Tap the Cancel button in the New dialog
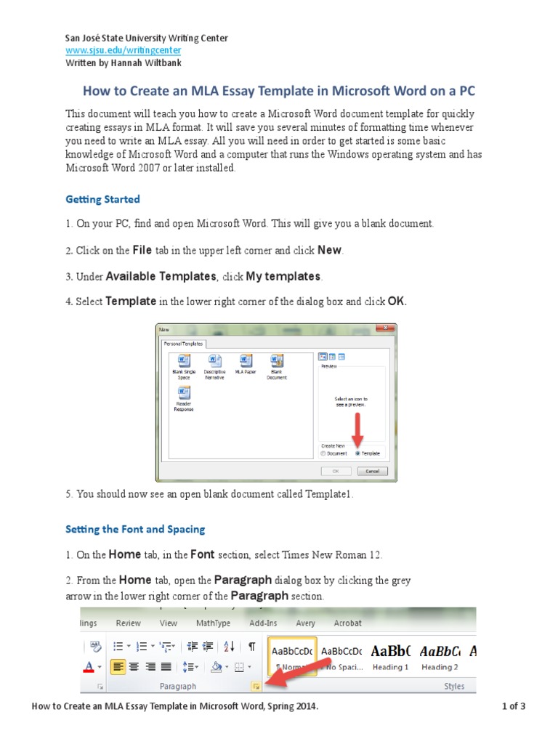click(x=372, y=471)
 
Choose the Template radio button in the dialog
click(x=357, y=453)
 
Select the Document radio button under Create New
click(x=323, y=453)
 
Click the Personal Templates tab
click(x=182, y=343)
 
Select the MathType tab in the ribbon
click(x=213, y=623)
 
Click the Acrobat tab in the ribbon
click(x=347, y=623)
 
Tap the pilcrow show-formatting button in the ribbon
click(x=251, y=646)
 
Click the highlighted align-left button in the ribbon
click(x=118, y=666)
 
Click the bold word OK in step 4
click(x=396, y=301)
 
